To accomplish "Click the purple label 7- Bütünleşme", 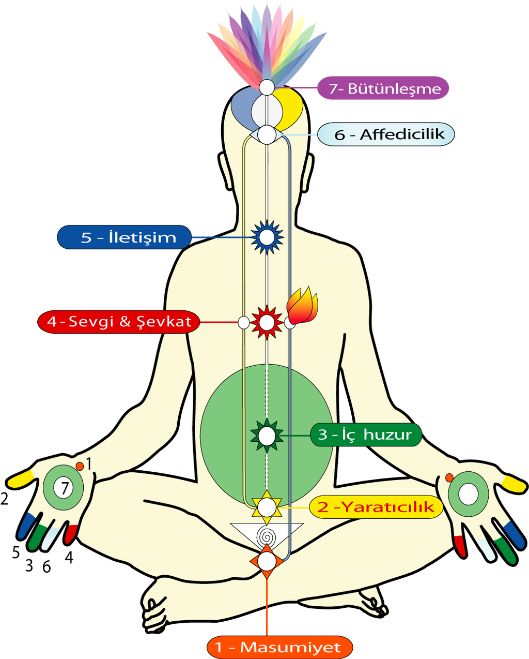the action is (383, 88).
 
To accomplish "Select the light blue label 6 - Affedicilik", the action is (386, 134).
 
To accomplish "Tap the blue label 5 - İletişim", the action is (124, 237).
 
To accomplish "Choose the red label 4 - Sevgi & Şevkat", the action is (119, 322).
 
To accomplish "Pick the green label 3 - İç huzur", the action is (366, 435).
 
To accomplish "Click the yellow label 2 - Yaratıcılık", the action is (376, 507).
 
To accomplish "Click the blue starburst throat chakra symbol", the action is (267, 237).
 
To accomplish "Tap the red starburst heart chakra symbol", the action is (267, 322).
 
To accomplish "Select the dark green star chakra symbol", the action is (267, 436).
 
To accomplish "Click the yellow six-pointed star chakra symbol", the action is (267, 507).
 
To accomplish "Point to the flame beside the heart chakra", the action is (302, 305).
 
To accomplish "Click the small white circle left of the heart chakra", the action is (244, 322).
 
